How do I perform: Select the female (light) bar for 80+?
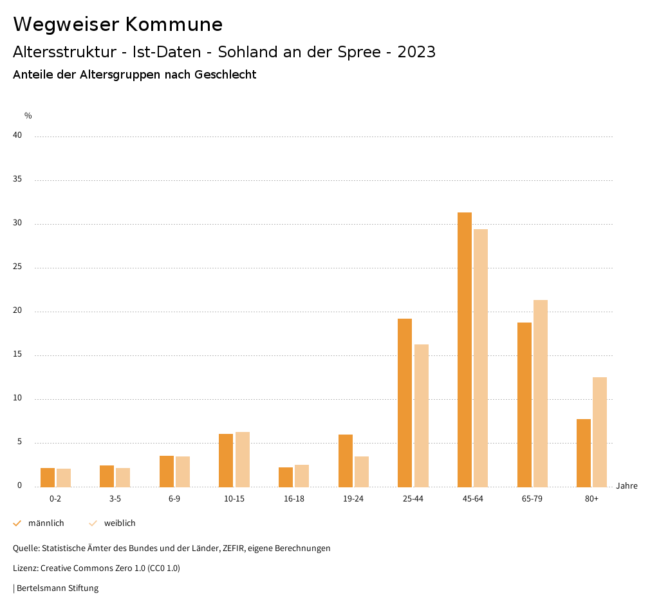(600, 432)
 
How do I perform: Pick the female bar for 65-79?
(541, 393)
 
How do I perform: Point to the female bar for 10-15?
(242, 459)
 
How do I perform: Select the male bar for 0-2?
(48, 477)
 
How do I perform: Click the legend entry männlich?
(46, 523)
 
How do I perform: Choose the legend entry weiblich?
(120, 523)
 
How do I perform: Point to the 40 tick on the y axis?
(17, 136)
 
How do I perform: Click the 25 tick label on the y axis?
(17, 267)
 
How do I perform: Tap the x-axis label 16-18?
(293, 499)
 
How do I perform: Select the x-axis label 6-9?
(174, 499)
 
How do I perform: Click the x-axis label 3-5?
(115, 499)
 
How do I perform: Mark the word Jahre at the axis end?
(626, 486)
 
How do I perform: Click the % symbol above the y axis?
(28, 116)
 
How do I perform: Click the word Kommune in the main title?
(174, 24)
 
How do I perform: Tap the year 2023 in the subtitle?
(416, 52)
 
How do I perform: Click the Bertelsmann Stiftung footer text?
(57, 588)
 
